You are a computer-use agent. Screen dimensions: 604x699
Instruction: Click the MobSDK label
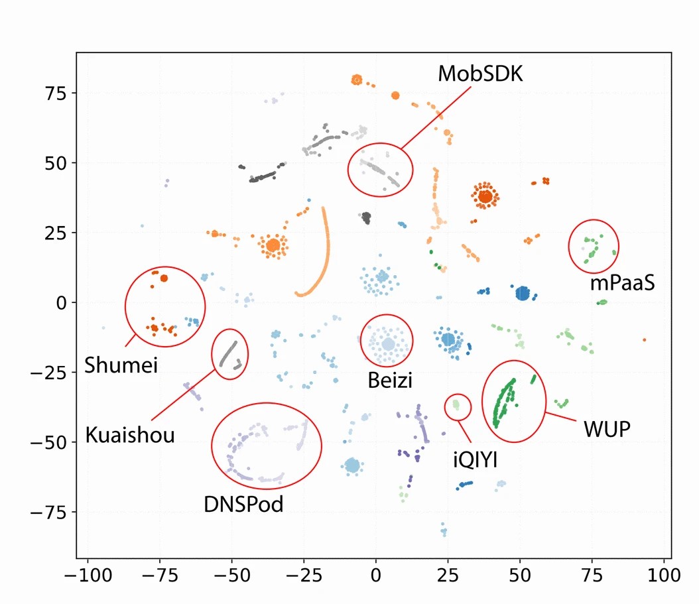[480, 74]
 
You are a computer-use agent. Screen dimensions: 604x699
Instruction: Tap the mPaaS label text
[622, 284]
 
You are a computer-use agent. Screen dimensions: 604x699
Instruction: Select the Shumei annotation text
[121, 364]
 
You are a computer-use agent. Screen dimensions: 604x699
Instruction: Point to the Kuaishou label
[130, 435]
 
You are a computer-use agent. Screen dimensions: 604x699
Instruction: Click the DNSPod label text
[243, 505]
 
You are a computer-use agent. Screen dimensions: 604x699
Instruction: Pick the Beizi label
[390, 381]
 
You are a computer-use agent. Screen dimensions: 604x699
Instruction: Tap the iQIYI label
[475, 459]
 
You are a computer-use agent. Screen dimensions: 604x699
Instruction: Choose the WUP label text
[607, 428]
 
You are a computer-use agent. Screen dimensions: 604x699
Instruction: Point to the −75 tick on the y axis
[52, 512]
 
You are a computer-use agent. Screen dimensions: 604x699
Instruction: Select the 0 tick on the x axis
[376, 574]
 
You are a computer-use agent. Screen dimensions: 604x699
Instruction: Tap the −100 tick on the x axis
[87, 574]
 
